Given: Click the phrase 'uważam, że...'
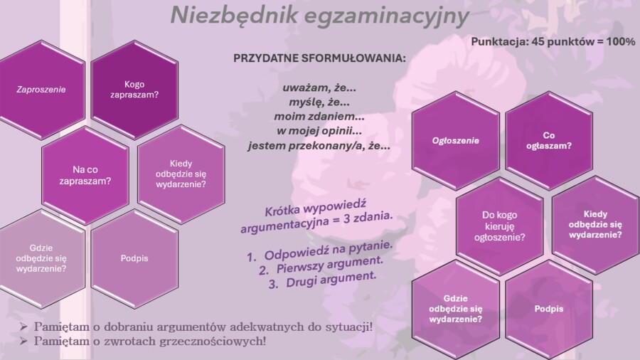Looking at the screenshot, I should (319, 88).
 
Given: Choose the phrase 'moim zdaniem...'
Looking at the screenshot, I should (319, 117).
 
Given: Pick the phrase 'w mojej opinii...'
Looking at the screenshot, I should (319, 131).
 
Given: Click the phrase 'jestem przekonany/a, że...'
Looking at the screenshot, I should (319, 145).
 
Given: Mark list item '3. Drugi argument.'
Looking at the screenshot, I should (321, 281).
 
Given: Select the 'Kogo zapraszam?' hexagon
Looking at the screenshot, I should (134, 90).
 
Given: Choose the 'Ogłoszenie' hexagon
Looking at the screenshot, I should (456, 140).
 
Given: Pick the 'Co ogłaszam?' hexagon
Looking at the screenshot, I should (548, 140).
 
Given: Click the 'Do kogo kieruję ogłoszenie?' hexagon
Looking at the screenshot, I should (499, 226).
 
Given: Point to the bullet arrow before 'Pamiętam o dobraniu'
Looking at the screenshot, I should (25, 327).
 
